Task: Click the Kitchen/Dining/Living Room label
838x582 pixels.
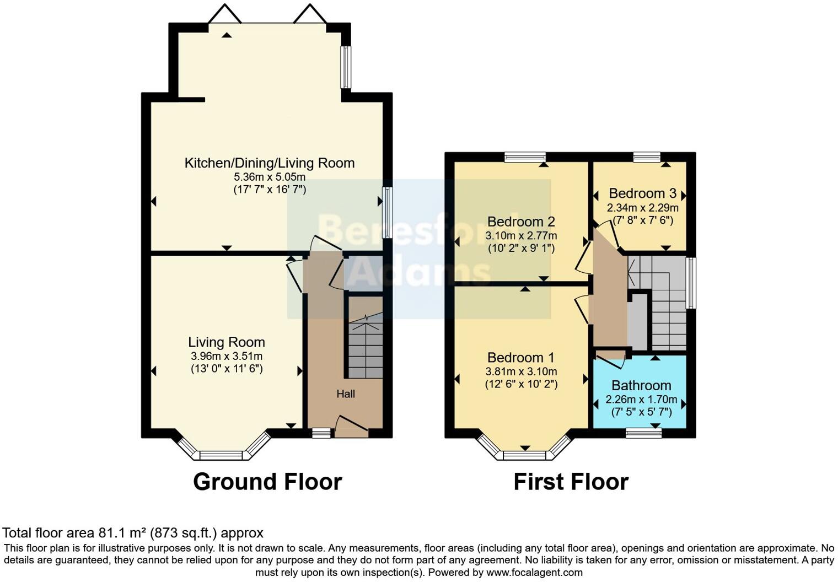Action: point(269,163)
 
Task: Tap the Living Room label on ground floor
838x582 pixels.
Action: point(226,342)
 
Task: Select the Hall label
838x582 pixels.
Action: point(346,394)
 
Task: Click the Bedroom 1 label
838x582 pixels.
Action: point(520,358)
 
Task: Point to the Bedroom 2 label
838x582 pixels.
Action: point(520,222)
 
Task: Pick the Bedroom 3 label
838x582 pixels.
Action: point(642,193)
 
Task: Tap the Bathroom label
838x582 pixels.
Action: point(641,385)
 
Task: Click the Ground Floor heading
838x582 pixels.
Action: point(267,482)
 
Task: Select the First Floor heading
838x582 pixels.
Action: point(571,482)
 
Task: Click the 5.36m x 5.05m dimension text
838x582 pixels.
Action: point(269,177)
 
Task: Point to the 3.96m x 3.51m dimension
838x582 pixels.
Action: point(226,356)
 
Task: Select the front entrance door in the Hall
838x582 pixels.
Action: point(351,427)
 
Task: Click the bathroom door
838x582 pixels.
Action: point(611,358)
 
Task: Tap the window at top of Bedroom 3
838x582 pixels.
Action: point(647,158)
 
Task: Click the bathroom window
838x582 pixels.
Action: point(643,433)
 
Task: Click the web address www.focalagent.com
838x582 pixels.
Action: point(534,573)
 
